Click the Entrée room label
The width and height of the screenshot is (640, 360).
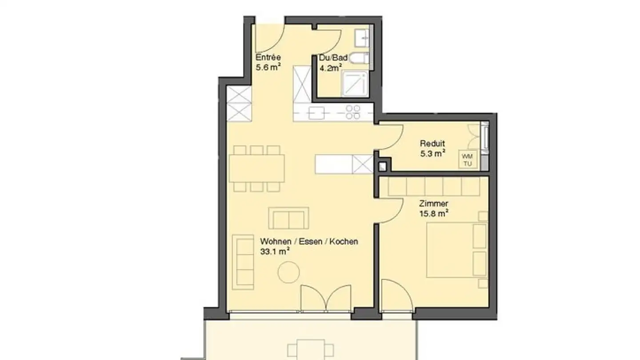tap(268, 57)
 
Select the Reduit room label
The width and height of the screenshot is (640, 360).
tap(432, 144)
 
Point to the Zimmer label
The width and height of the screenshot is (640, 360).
tap(433, 204)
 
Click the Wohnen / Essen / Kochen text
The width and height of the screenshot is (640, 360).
tap(309, 242)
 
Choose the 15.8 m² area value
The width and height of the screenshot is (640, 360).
tap(433, 214)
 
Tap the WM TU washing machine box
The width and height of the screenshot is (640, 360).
tap(468, 160)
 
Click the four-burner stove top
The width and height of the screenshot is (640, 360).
tap(353, 112)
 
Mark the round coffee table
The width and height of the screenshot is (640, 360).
tap(289, 272)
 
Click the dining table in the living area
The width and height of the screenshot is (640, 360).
tap(257, 169)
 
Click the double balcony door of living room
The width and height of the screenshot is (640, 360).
tap(326, 299)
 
